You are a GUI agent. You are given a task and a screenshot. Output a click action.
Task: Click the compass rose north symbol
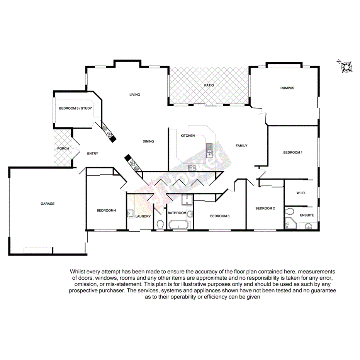346,66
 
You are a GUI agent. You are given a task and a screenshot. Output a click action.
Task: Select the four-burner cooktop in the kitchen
192,168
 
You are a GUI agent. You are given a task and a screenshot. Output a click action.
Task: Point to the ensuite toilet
289,211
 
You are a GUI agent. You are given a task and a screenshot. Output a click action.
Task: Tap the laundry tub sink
131,214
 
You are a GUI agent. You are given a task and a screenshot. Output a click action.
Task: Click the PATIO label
209,85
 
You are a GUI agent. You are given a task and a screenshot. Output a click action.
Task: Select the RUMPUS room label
287,88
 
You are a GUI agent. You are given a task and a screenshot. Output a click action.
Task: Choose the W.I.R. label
301,193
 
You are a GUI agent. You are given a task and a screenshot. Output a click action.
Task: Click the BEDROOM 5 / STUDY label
75,108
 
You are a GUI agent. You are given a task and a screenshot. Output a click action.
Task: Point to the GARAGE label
48,204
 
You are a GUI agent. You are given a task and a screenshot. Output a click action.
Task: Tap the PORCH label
63,148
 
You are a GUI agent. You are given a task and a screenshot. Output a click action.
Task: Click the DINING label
148,141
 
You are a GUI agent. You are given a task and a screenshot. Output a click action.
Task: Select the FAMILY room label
241,146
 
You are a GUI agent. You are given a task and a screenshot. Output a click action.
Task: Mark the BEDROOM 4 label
106,210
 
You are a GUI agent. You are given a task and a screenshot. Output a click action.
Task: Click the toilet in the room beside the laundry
160,224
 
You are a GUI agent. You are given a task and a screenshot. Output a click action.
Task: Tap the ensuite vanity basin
308,226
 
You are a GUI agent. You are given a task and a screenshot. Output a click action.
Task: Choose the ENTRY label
92,153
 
